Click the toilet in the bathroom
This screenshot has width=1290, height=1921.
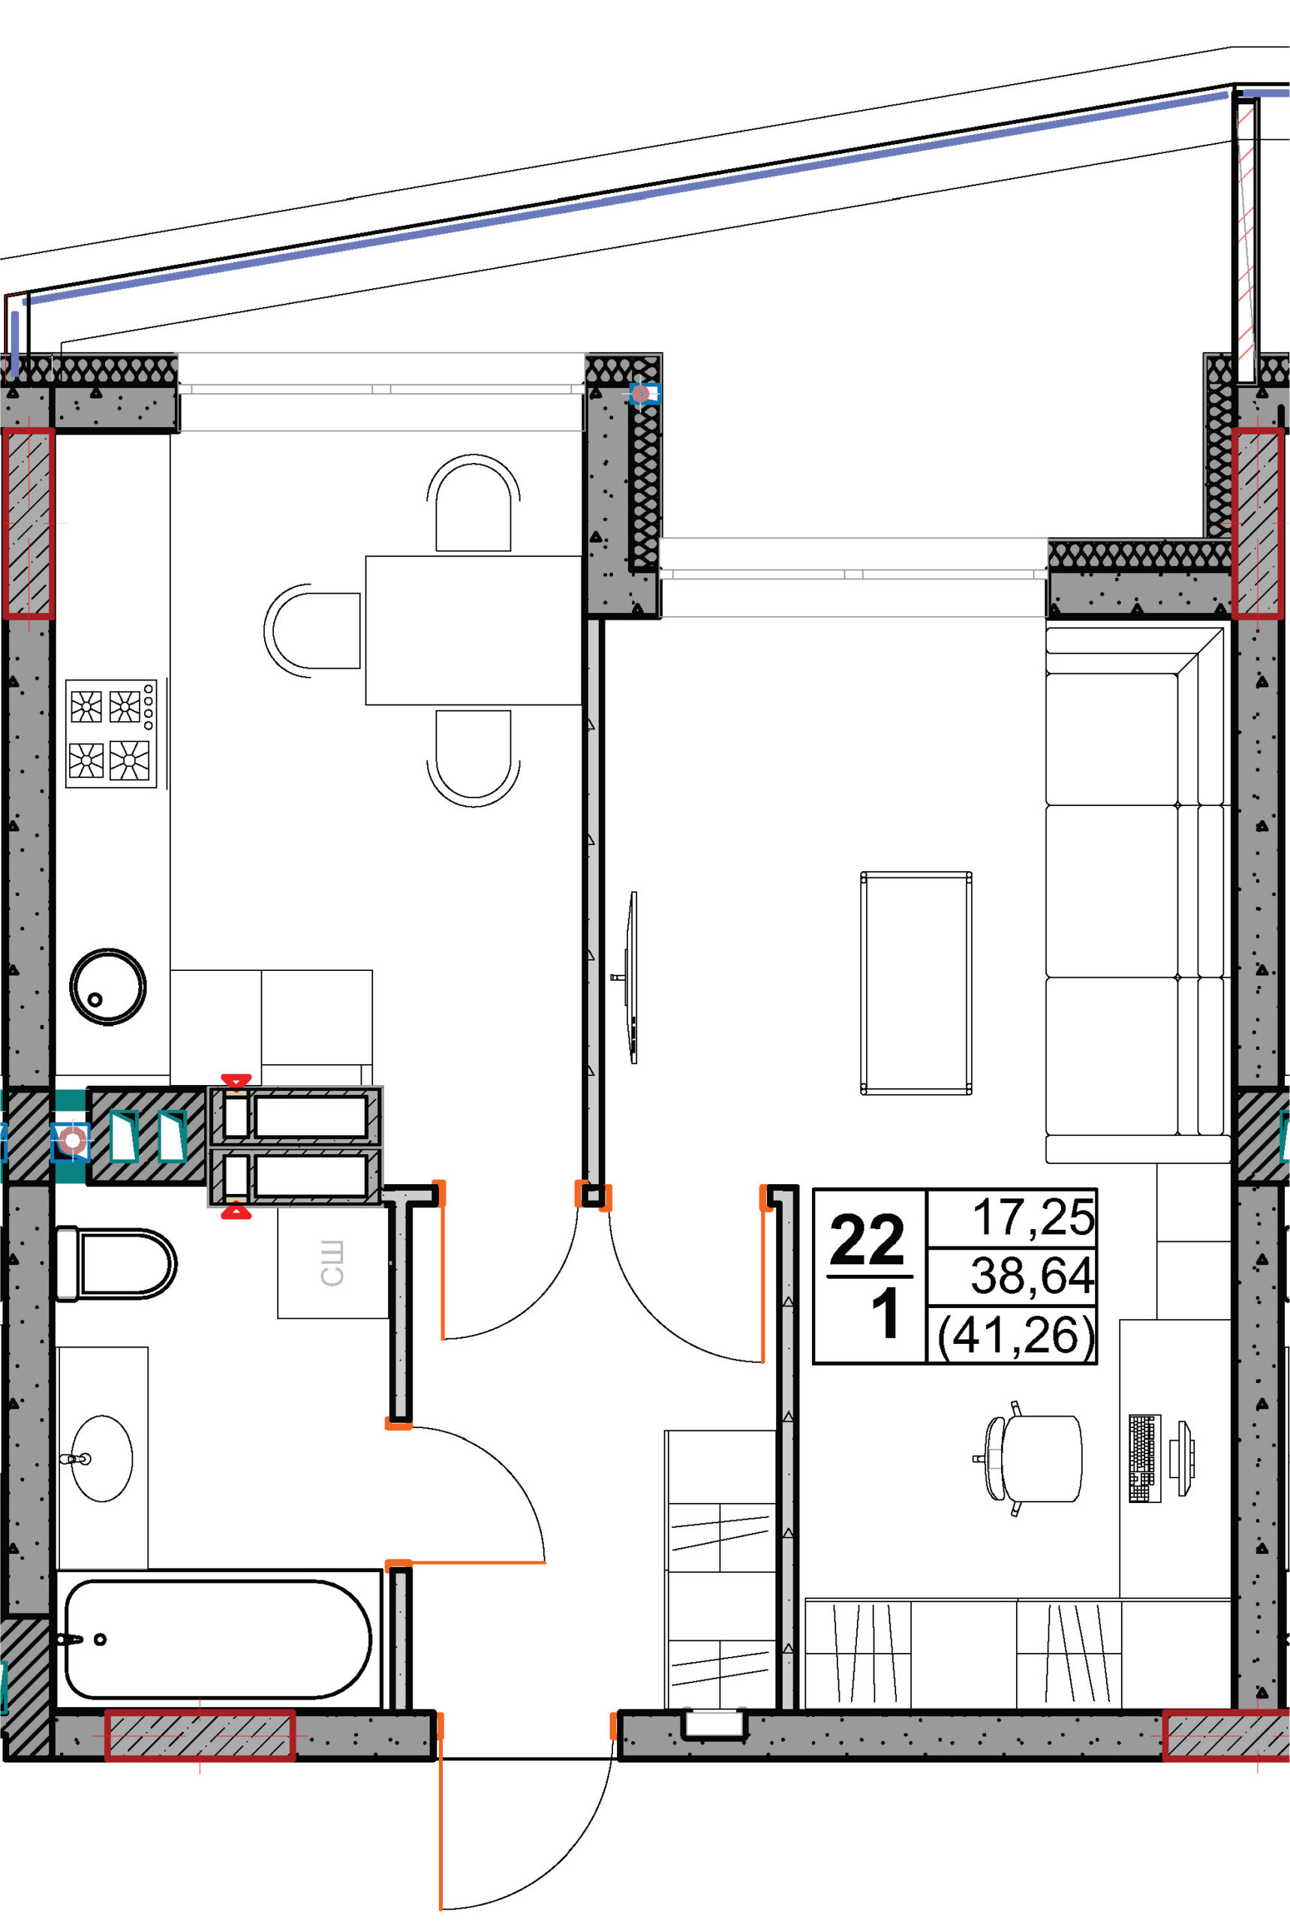click(x=115, y=1264)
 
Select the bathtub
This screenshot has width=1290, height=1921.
click(x=218, y=1639)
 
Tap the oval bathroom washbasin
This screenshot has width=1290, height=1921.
click(x=101, y=1459)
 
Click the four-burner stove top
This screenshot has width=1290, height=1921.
click(x=111, y=733)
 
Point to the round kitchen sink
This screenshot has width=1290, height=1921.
click(x=108, y=987)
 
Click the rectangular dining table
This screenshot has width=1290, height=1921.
click(x=474, y=630)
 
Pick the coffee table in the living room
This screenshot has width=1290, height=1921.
click(x=916, y=983)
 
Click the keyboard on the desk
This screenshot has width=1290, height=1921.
click(x=1144, y=1459)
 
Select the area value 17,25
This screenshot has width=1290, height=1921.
click(x=1033, y=1218)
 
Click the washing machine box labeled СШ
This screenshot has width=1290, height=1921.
click(x=332, y=1263)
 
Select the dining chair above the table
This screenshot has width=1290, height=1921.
click(x=473, y=503)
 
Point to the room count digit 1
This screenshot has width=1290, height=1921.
click(x=886, y=1315)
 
